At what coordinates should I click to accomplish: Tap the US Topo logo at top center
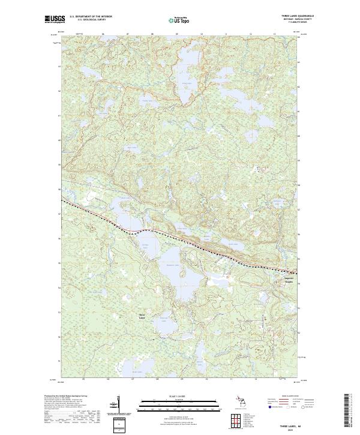[179, 19]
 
